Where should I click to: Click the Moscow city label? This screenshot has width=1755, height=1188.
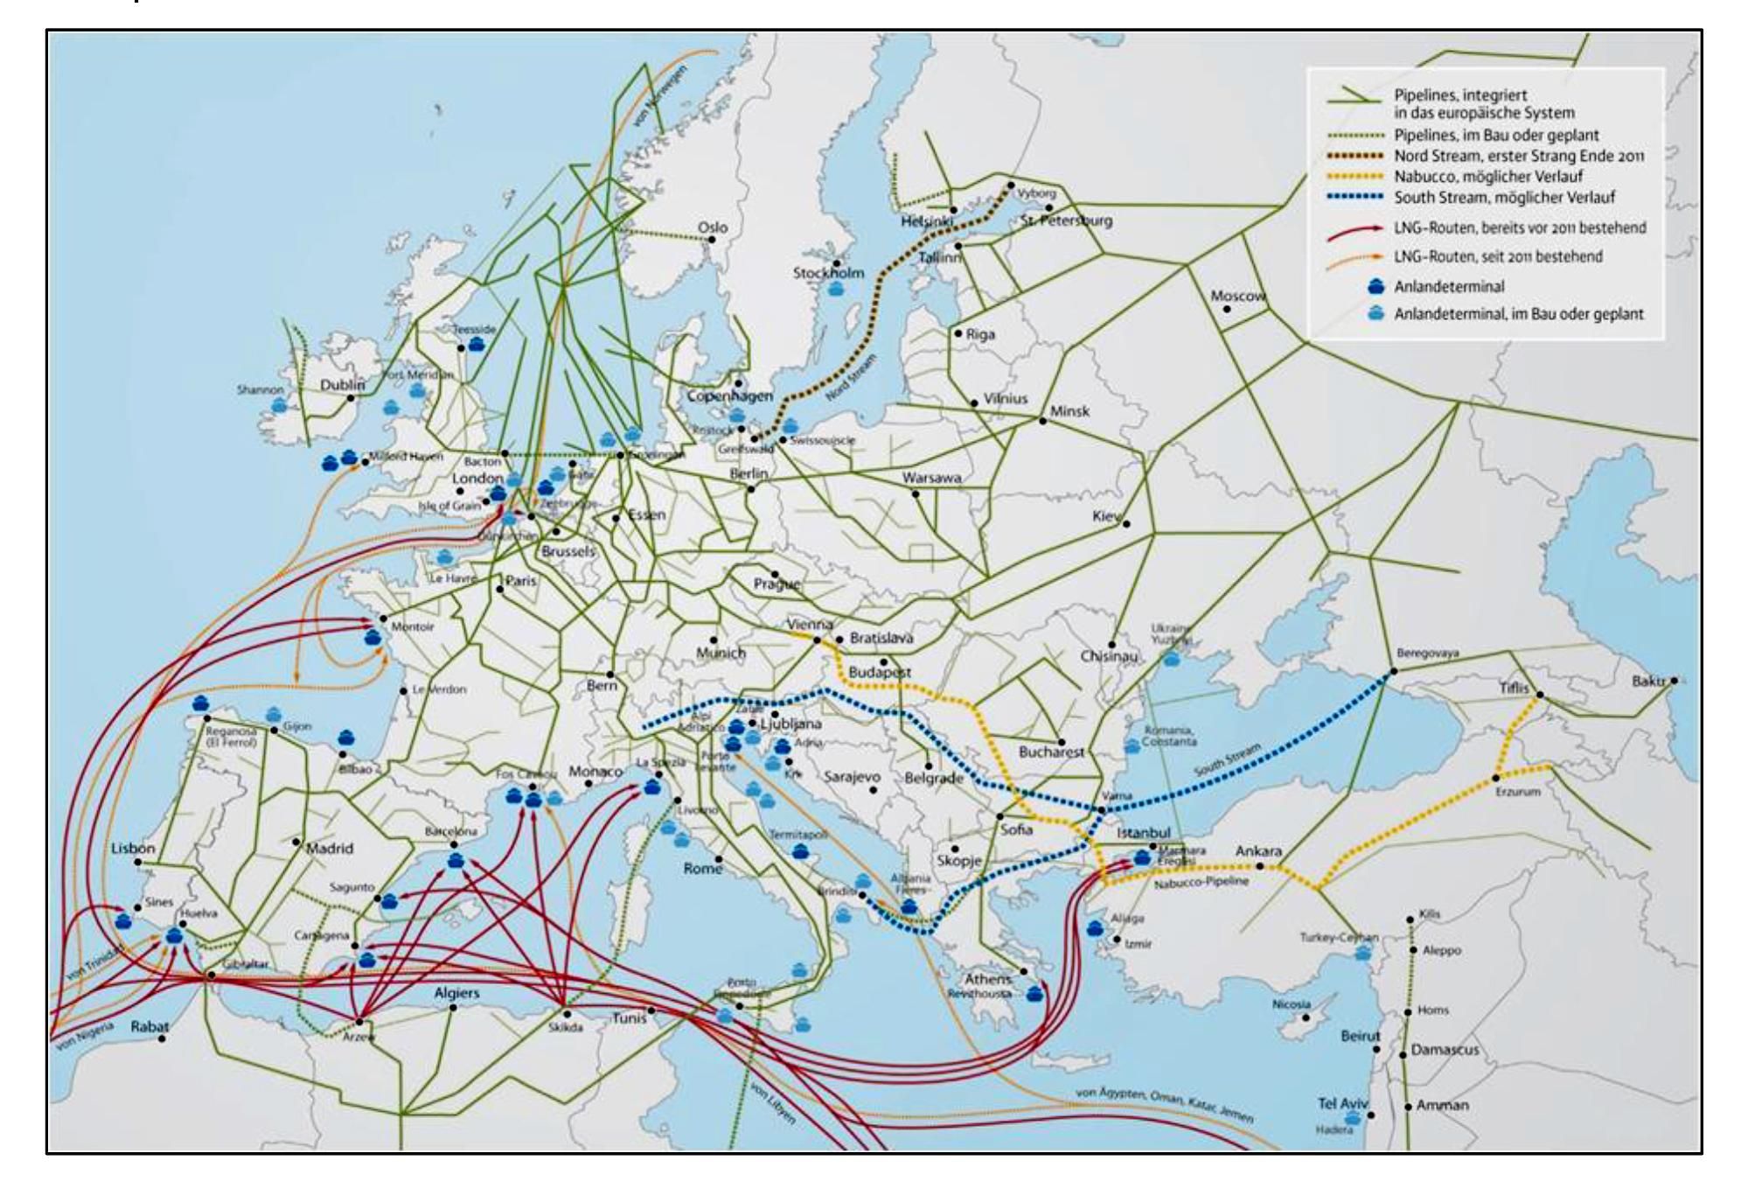click(x=1237, y=296)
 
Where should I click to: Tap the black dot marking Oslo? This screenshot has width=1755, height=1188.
click(x=713, y=240)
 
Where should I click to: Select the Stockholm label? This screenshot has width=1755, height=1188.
click(x=828, y=273)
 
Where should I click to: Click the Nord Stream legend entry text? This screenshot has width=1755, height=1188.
click(x=1518, y=156)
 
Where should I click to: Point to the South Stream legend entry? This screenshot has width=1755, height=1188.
click(x=1504, y=197)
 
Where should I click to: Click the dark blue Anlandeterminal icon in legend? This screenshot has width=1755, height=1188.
click(x=1376, y=285)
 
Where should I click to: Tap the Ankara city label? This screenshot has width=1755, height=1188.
click(x=1258, y=850)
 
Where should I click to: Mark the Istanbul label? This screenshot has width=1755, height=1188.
click(x=1143, y=833)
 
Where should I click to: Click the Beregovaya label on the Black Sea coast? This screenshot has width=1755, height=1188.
click(x=1427, y=653)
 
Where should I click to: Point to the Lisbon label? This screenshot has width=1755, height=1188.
click(x=133, y=848)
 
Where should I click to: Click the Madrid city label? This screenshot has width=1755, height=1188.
click(x=330, y=848)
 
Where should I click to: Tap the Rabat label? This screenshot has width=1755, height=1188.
click(x=150, y=1026)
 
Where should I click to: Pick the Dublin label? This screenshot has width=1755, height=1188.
click(x=342, y=385)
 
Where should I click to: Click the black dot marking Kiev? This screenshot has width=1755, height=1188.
click(x=1126, y=524)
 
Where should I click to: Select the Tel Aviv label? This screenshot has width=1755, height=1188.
click(x=1342, y=1103)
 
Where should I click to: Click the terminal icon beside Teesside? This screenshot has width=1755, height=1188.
click(x=476, y=344)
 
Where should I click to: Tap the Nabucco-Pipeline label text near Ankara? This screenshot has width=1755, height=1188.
click(x=1201, y=882)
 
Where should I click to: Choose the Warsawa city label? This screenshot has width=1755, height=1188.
click(x=931, y=478)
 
